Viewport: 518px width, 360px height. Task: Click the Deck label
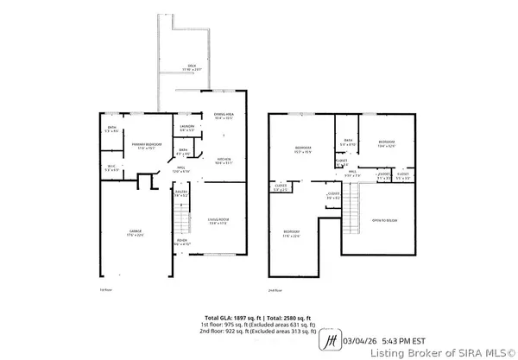192,67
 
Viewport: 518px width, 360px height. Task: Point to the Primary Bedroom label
140,146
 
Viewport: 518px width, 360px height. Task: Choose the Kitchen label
224,161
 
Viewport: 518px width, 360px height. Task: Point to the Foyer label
180,242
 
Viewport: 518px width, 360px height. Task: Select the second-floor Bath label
349,142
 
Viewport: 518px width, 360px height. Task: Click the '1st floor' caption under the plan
105,289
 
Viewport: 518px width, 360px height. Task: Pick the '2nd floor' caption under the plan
275,289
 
